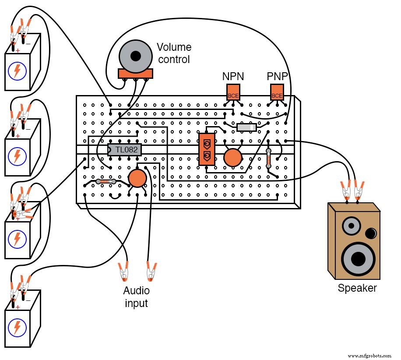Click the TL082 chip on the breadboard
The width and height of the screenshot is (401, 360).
point(125,150)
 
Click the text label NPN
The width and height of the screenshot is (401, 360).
point(233,77)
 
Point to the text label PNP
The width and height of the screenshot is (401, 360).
point(278,77)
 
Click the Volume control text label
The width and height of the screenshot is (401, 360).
point(174,53)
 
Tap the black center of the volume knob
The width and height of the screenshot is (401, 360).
point(136,56)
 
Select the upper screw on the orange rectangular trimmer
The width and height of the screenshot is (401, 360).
point(207,144)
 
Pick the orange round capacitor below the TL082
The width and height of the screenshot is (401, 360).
point(137,178)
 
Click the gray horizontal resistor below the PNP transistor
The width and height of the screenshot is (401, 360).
point(246,127)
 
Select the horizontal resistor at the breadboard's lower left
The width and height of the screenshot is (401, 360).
point(106,181)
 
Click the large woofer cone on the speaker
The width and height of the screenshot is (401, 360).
point(358,258)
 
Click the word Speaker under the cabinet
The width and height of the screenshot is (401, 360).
point(357,288)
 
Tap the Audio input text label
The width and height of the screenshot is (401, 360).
point(136,297)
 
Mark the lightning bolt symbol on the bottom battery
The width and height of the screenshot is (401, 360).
point(17,327)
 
